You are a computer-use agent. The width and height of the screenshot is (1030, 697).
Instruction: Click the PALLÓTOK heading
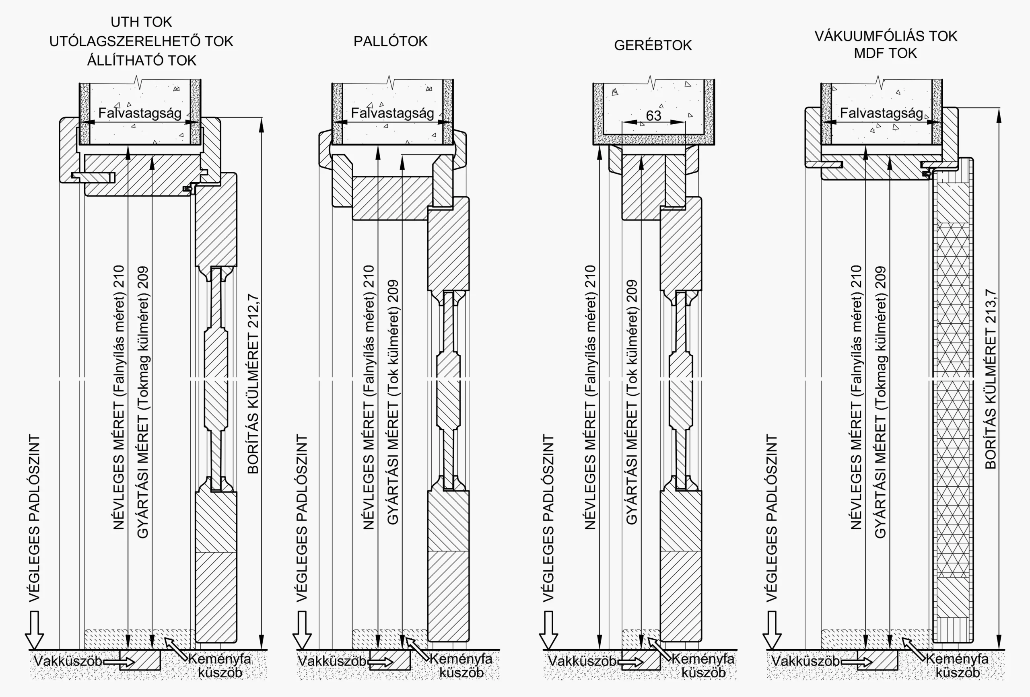tap(390, 41)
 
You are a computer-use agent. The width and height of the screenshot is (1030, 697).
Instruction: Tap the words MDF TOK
tap(885, 53)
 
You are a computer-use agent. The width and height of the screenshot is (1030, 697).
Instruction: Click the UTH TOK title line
tap(141, 22)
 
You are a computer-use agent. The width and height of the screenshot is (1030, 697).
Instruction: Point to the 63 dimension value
tap(653, 116)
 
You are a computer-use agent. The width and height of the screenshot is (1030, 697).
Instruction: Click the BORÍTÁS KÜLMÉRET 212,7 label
tap(253, 383)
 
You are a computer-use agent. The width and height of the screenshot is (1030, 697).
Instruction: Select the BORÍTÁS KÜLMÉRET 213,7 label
tap(991, 379)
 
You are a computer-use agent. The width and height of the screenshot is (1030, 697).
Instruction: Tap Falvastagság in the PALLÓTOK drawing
tap(392, 113)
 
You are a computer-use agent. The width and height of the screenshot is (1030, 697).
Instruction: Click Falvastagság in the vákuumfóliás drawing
tap(881, 113)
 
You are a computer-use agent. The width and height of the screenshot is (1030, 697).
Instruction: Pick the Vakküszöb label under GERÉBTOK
tap(581, 661)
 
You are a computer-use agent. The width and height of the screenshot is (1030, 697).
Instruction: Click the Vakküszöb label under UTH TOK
tap(68, 661)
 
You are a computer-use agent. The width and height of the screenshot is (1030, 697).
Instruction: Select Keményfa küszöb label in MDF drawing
tap(957, 666)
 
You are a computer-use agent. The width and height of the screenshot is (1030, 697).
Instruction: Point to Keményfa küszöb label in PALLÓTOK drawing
tap(461, 666)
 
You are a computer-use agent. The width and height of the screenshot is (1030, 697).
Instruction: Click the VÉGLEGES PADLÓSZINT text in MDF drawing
tap(772, 518)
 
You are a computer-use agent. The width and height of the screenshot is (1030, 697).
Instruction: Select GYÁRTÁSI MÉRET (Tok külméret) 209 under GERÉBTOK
tap(631, 402)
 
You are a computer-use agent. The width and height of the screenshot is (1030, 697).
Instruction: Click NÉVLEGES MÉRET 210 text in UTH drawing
tap(119, 397)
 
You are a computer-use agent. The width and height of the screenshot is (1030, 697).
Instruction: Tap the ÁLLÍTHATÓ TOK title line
tap(141, 60)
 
